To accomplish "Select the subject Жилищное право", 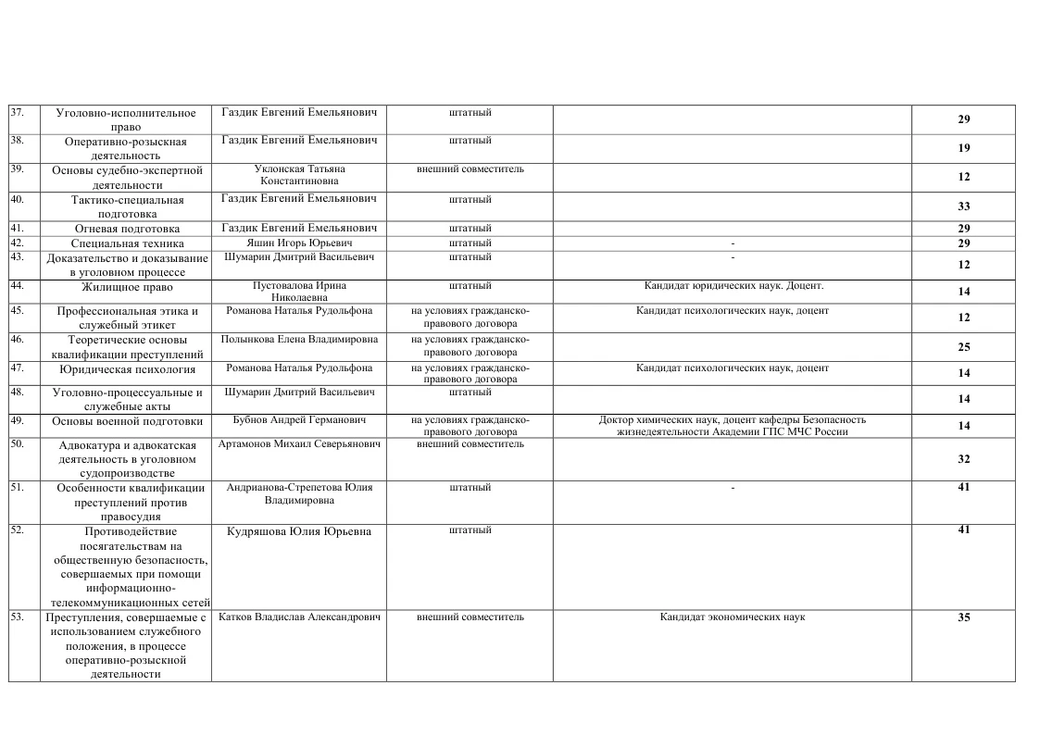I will tap(126, 287).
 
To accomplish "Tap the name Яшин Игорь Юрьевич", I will tap(299, 243).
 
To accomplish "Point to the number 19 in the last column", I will tap(963, 148).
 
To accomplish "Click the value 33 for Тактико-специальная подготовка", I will tap(963, 207).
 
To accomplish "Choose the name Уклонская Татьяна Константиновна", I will tap(299, 175).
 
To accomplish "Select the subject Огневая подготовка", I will tap(127, 229).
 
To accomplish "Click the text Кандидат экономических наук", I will tap(732, 617).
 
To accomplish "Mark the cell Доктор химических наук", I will tap(732, 426).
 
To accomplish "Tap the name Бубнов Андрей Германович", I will tap(299, 420).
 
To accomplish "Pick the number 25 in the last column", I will tap(963, 346).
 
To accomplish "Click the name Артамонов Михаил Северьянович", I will tap(299, 444).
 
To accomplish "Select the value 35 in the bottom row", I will tap(963, 617).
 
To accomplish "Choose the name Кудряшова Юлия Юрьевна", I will tap(299, 531).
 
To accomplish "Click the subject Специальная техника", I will tap(127, 243).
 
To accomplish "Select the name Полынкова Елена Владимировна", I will tap(299, 340).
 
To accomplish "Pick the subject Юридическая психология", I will tap(127, 369).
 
